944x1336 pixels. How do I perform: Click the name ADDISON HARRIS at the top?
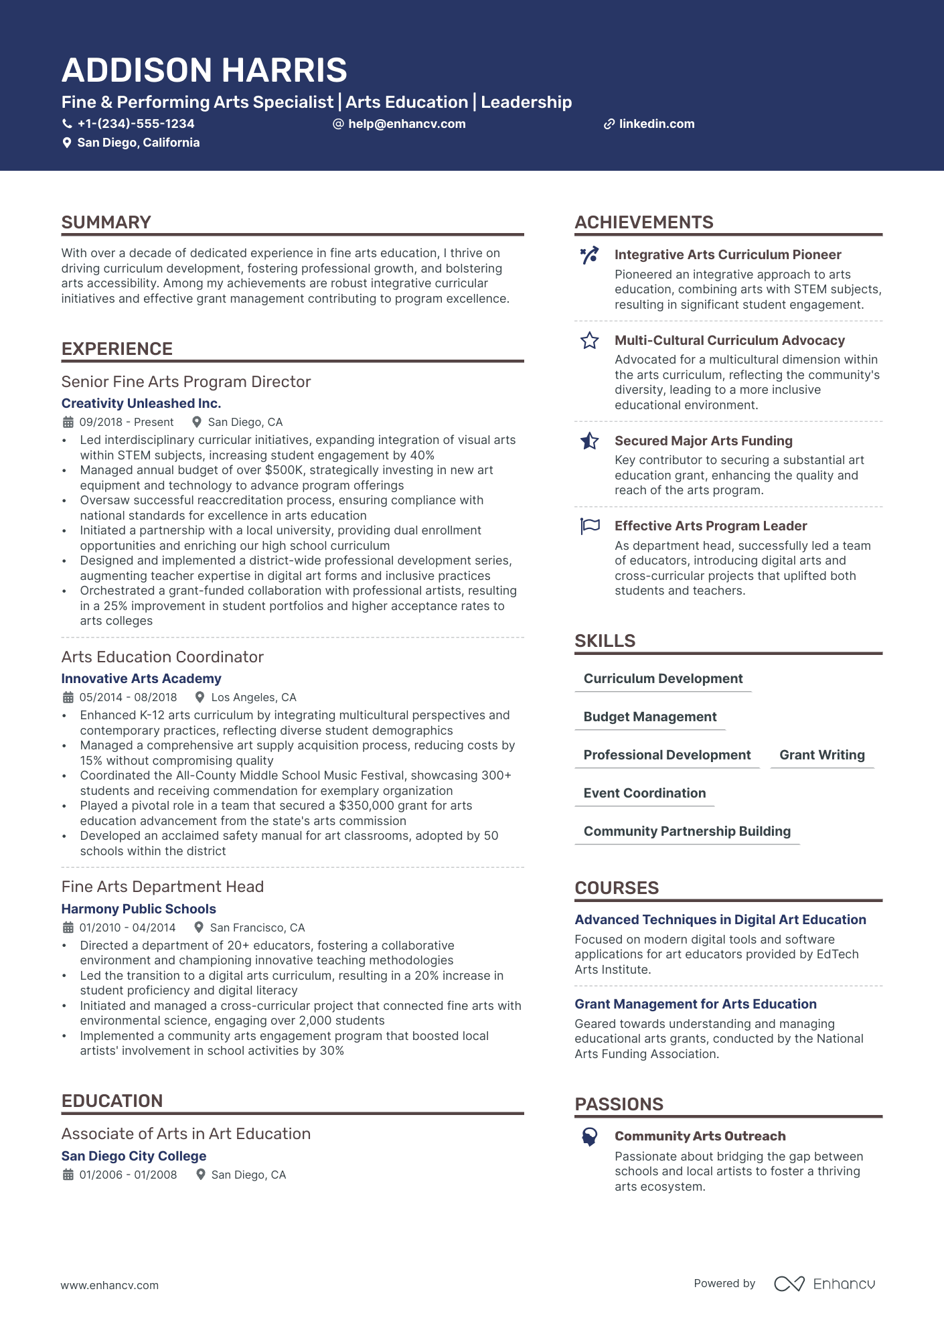pos(204,70)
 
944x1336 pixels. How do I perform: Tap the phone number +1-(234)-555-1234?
pos(135,124)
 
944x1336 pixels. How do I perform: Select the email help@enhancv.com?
pos(406,124)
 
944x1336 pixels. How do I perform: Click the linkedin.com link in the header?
pos(656,124)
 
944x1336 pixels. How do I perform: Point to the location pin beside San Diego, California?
pos(67,143)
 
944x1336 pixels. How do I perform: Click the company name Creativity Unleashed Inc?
pos(141,403)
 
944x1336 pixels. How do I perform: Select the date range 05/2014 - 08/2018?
pos(128,697)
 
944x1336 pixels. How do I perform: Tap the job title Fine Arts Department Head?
pos(163,887)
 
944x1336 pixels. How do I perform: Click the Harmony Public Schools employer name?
pos(139,909)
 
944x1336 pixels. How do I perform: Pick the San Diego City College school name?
pos(134,1156)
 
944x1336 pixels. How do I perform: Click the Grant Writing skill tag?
pos(822,755)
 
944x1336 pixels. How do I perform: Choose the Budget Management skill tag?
pos(650,717)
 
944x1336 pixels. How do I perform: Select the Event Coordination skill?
pos(645,793)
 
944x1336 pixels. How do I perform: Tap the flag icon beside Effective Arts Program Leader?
pos(590,526)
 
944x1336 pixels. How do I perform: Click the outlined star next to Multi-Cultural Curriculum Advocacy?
pos(590,341)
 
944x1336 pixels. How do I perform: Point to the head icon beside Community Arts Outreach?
pos(590,1136)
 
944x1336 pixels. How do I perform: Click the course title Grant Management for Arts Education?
pos(696,1004)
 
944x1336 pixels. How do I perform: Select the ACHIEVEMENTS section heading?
pos(644,222)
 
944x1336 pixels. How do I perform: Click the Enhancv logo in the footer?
pos(824,1284)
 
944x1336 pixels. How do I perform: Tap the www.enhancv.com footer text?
pos(110,1285)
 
